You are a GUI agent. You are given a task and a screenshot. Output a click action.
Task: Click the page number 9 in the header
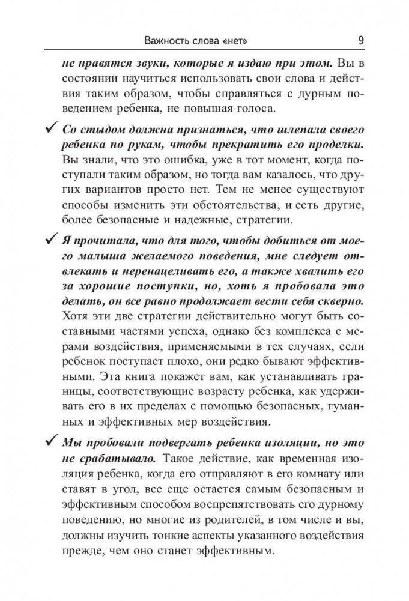click(360, 41)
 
